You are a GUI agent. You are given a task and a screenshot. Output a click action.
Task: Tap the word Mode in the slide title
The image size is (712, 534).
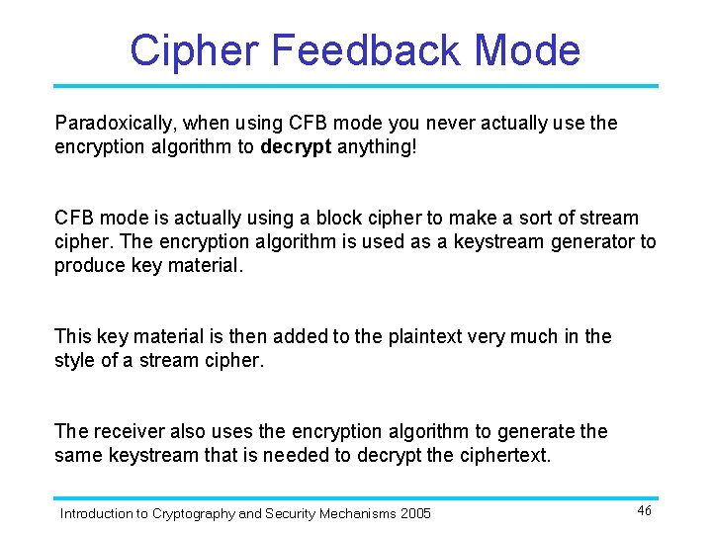click(528, 49)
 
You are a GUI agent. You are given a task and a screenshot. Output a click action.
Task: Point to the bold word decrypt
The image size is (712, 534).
click(296, 147)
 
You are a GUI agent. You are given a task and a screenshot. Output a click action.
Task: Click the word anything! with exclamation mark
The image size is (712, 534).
click(378, 147)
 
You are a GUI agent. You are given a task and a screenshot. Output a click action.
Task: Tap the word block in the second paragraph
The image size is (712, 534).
click(368, 218)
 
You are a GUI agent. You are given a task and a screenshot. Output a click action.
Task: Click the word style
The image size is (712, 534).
click(75, 360)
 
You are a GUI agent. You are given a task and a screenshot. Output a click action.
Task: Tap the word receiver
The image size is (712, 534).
click(125, 431)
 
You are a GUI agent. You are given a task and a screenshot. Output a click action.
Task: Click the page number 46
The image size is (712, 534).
click(644, 510)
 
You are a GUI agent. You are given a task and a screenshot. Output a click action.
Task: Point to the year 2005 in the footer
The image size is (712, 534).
click(414, 513)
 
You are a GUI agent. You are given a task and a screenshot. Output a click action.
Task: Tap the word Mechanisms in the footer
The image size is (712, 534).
click(354, 513)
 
